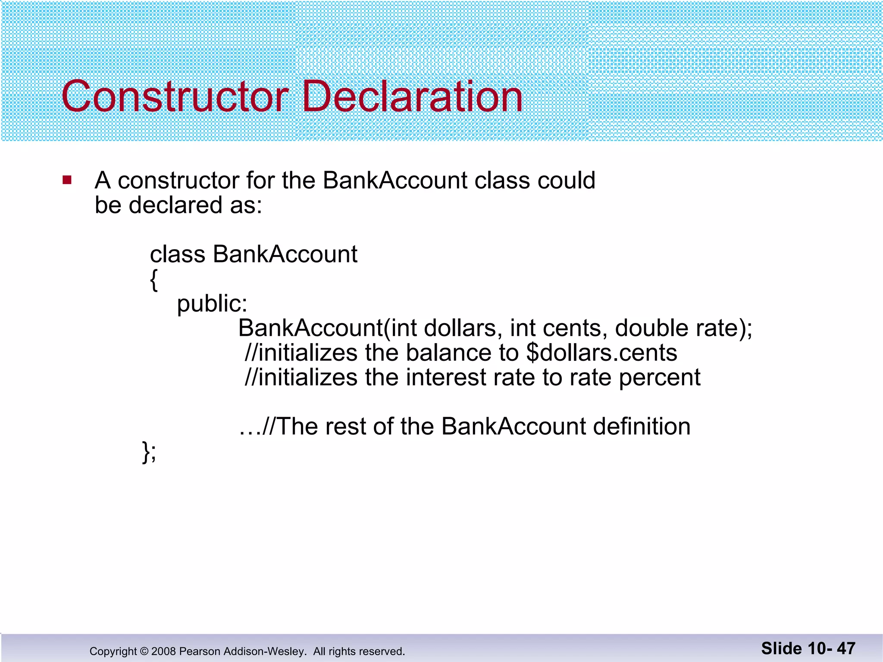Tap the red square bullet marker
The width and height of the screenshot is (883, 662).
point(67,180)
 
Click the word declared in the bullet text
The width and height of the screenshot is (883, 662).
point(175,205)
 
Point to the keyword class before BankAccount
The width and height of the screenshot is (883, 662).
point(177,254)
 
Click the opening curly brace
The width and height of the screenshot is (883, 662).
point(154,280)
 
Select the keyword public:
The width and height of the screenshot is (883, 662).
point(212,304)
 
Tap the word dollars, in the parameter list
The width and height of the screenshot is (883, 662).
point(463,328)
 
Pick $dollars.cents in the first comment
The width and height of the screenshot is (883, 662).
point(601,353)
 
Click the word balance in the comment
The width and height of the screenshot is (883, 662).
point(448,353)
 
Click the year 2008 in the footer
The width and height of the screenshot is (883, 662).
point(163,651)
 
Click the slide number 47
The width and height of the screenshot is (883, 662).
point(846,649)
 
